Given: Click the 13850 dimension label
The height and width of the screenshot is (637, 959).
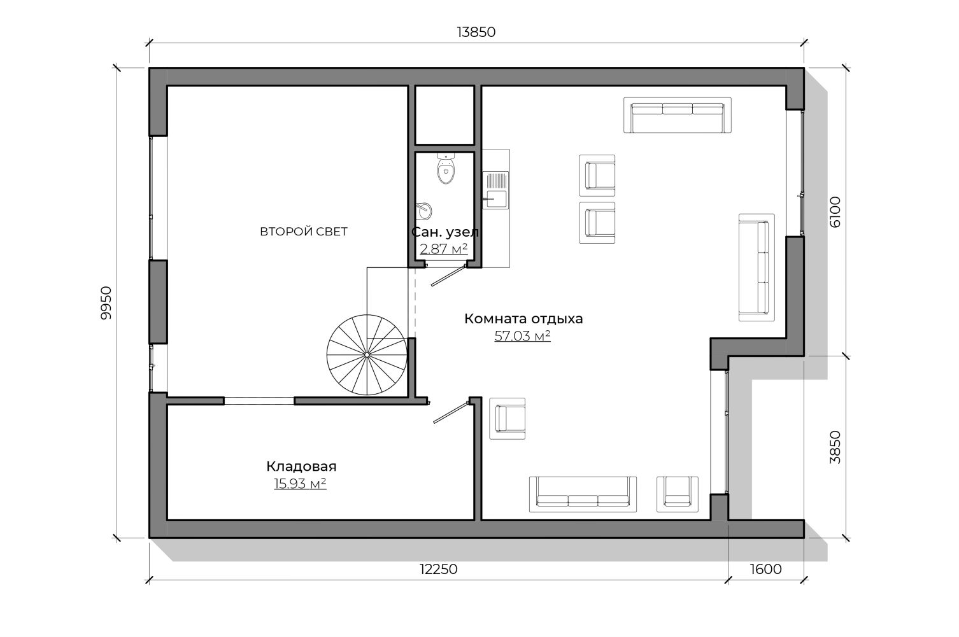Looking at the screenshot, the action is coord(476,32).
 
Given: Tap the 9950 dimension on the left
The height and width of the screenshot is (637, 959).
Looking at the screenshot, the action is coord(106,303).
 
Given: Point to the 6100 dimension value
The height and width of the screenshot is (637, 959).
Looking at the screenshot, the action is coord(835,212).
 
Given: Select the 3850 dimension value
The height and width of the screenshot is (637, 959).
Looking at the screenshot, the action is coord(835,447).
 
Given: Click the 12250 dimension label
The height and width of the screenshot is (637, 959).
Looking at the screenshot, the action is coord(438,570).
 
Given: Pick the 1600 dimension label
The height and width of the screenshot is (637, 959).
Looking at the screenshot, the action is coord(766,570).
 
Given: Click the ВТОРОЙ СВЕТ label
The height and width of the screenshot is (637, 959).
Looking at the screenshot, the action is coord(304,232).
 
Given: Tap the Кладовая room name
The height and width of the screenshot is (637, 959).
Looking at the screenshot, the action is coord(301,466).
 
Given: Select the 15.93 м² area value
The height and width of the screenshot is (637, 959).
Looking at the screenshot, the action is coord(300,484).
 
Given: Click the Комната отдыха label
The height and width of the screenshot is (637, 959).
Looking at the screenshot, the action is coord(523,319).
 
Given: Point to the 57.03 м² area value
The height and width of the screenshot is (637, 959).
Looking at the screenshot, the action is coord(522,336).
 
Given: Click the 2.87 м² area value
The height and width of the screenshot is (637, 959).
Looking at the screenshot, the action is coord(444,249).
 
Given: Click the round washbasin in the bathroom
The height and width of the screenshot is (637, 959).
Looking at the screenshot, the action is coord(423,211).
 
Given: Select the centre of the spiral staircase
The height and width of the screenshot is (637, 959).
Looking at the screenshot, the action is coord(367,355).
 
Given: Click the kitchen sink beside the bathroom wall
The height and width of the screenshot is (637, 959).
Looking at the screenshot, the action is coord(496,190).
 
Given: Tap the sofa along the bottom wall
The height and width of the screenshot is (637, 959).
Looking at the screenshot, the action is coord(583,494).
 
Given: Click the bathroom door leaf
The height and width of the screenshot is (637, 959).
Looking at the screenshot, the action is coord(448,276).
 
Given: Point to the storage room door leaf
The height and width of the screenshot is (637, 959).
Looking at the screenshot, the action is coord(451,412).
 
